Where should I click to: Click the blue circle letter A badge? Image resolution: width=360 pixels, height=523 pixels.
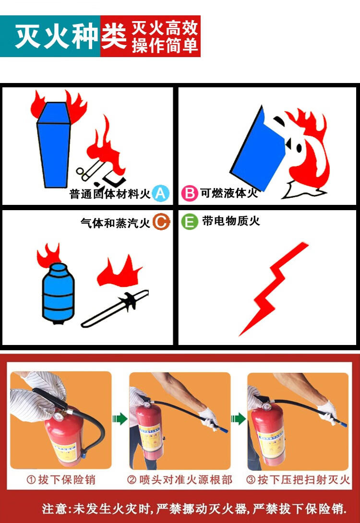tap(160, 193)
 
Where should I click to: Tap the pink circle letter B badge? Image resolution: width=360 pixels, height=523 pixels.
tap(190, 193)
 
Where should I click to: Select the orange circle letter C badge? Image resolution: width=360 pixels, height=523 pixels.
tap(161, 222)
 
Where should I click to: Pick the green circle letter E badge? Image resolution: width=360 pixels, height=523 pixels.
tap(190, 222)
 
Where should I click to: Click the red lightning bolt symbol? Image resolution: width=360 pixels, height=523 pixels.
tap(273, 288)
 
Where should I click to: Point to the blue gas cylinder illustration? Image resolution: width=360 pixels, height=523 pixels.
tap(58, 293)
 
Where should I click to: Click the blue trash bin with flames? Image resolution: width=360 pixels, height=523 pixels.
tap(54, 144)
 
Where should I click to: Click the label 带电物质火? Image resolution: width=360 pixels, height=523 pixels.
tap(231, 221)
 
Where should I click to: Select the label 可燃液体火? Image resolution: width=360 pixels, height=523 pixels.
tap(229, 193)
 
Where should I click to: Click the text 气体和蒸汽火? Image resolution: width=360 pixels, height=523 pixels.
tap(116, 223)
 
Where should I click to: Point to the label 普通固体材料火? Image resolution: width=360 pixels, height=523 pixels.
tap(110, 194)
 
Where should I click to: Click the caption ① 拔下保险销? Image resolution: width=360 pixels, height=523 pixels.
tap(61, 480)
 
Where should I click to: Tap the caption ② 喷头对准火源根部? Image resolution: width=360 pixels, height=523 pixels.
tap(180, 480)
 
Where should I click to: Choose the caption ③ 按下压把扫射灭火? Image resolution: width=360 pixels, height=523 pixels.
tap(298, 480)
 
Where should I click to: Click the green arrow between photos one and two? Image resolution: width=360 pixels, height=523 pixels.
tap(120, 418)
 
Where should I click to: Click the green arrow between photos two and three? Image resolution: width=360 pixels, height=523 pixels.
tap(238, 418)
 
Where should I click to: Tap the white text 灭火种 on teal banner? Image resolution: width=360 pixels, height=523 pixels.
tap(57, 36)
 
